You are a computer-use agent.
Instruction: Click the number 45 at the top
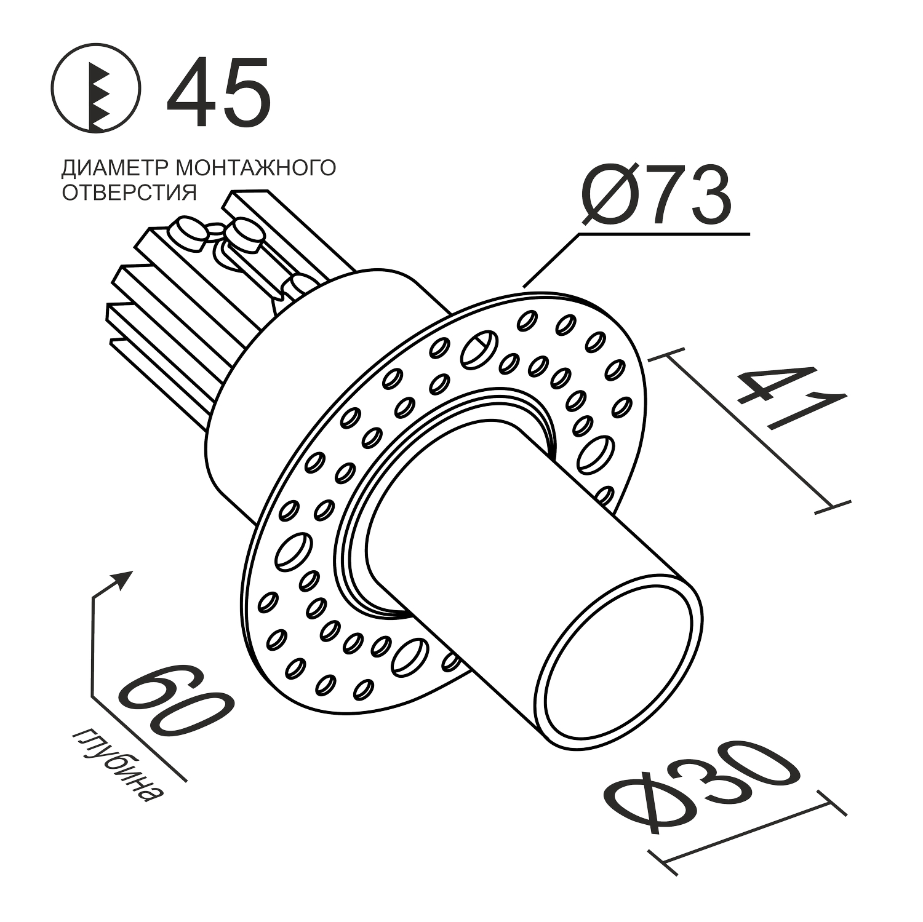click(x=219, y=92)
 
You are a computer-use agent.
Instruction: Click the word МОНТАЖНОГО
click(x=255, y=167)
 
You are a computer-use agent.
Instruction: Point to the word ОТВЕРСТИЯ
click(x=129, y=193)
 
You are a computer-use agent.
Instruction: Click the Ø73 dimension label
click(x=656, y=195)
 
